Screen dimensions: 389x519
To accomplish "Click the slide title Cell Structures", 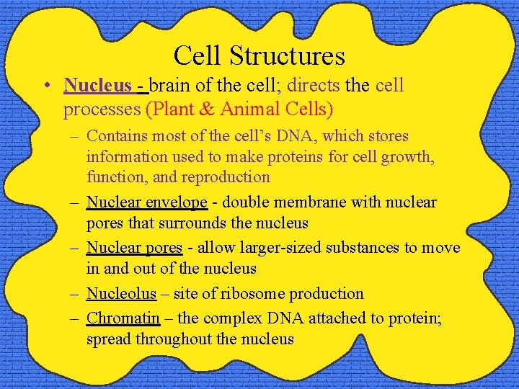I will [259, 55].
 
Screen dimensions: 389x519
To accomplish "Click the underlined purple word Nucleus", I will [97, 86].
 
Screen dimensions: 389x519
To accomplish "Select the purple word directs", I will [314, 86].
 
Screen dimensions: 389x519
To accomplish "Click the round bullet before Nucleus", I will [45, 86].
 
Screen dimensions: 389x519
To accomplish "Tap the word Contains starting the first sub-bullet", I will [115, 136].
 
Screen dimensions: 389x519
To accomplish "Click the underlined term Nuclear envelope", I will [146, 202].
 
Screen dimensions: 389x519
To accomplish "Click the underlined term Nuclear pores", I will [134, 248].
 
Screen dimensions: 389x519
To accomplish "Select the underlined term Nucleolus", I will [121, 294].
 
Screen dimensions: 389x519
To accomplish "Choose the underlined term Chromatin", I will [123, 318].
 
